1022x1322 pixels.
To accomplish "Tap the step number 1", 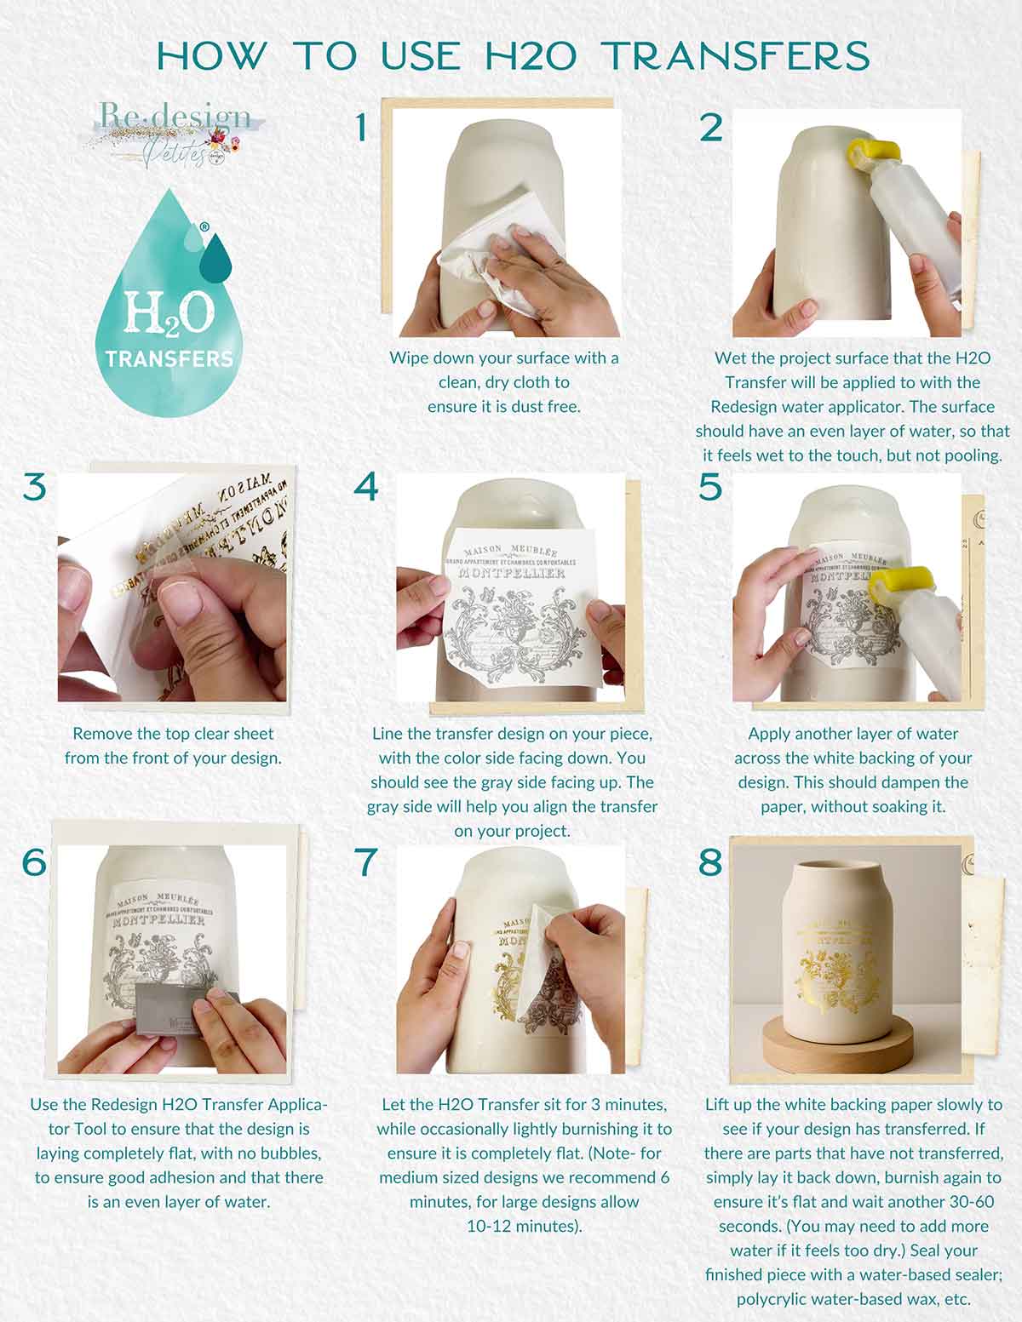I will pos(362,129).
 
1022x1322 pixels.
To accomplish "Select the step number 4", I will pos(365,487).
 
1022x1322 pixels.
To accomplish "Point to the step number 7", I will pos(365,861).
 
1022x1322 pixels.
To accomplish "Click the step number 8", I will pos(710,861).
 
